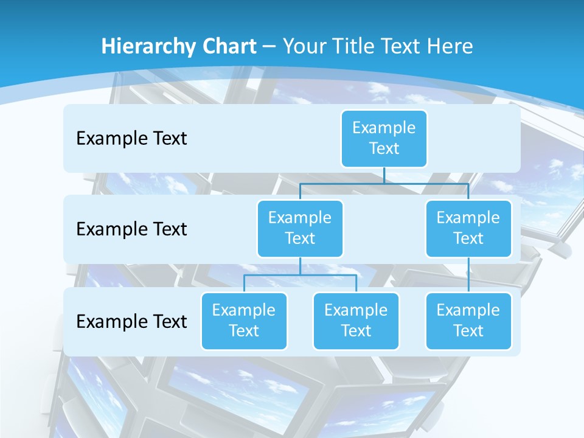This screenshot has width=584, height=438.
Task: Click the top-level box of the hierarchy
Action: click(x=384, y=138)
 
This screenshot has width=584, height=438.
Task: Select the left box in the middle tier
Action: click(x=300, y=228)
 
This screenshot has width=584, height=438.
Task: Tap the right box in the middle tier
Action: click(x=468, y=228)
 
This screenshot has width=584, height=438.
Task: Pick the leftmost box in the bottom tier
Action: click(x=244, y=321)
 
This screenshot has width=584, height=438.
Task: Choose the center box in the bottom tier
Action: click(x=356, y=321)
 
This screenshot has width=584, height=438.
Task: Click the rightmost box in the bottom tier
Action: click(x=468, y=321)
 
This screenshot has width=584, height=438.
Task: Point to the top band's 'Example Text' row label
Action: click(x=131, y=139)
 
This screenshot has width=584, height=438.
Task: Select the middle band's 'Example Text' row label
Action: click(x=131, y=229)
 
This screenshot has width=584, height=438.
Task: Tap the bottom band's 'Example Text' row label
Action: click(x=131, y=322)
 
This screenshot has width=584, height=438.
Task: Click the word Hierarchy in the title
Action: click(x=148, y=47)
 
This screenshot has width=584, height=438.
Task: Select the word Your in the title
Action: click(x=302, y=46)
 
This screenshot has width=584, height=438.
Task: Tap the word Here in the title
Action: click(x=451, y=46)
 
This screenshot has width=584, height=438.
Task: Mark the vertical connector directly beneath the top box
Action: click(x=384, y=175)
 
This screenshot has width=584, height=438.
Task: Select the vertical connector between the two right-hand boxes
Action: click(x=468, y=274)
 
